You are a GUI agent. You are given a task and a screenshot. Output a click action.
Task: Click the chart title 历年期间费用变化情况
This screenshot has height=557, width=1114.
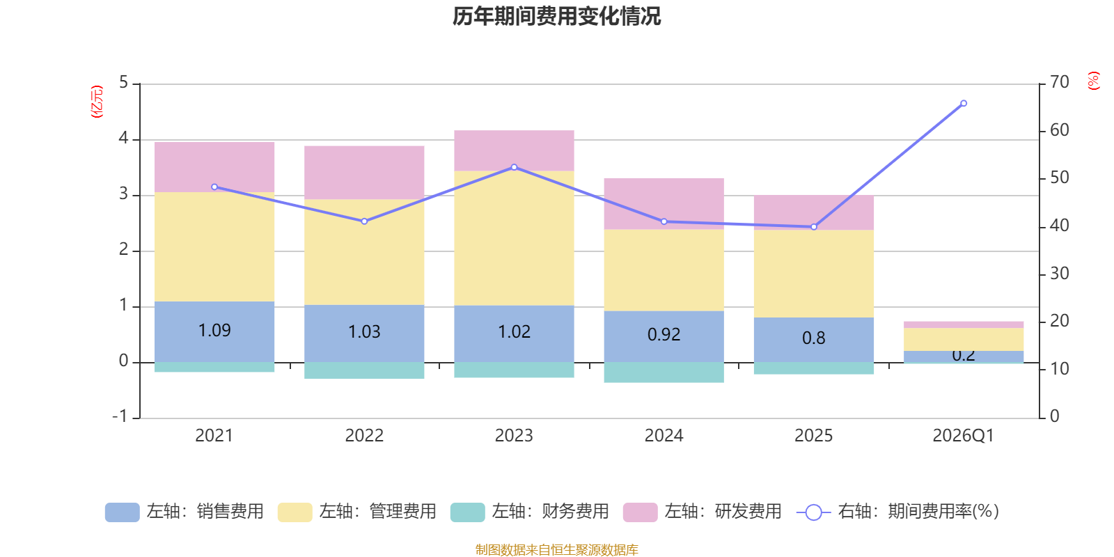(x=556, y=16)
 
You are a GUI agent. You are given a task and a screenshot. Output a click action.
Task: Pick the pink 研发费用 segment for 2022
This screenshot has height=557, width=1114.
(x=364, y=173)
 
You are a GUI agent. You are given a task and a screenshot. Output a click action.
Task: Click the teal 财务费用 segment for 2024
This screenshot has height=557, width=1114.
(x=664, y=372)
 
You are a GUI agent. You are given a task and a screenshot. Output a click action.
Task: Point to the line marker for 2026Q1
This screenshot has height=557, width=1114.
(x=964, y=103)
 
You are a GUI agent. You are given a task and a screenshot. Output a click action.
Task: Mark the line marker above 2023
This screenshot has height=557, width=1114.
(x=514, y=167)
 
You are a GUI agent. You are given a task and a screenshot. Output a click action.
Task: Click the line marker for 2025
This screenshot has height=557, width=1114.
(x=814, y=227)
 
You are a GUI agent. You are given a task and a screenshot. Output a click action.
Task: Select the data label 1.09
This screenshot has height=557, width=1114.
(x=214, y=331)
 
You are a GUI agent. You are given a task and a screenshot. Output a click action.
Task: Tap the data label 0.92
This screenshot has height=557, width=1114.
(x=664, y=335)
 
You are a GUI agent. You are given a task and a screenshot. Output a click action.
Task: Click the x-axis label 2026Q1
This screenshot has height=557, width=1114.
(x=963, y=436)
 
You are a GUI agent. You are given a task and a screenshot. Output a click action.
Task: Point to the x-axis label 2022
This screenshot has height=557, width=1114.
(x=364, y=436)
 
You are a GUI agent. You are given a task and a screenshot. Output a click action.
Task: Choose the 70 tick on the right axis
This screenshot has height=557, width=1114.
(x=1059, y=82)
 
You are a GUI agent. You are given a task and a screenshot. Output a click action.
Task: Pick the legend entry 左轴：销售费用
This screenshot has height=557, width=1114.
(x=185, y=512)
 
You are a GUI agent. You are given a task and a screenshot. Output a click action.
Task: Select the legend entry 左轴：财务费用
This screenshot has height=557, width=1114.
(x=530, y=512)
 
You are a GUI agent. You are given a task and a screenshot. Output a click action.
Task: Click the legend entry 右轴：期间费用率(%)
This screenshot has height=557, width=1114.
(x=898, y=512)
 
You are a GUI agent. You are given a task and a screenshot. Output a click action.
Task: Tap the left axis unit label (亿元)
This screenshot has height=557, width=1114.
(x=97, y=102)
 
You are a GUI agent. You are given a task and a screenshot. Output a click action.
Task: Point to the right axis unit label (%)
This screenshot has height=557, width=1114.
(x=1093, y=81)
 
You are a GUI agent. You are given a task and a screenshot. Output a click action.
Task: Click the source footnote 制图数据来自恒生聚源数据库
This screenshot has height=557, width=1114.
(x=556, y=550)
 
